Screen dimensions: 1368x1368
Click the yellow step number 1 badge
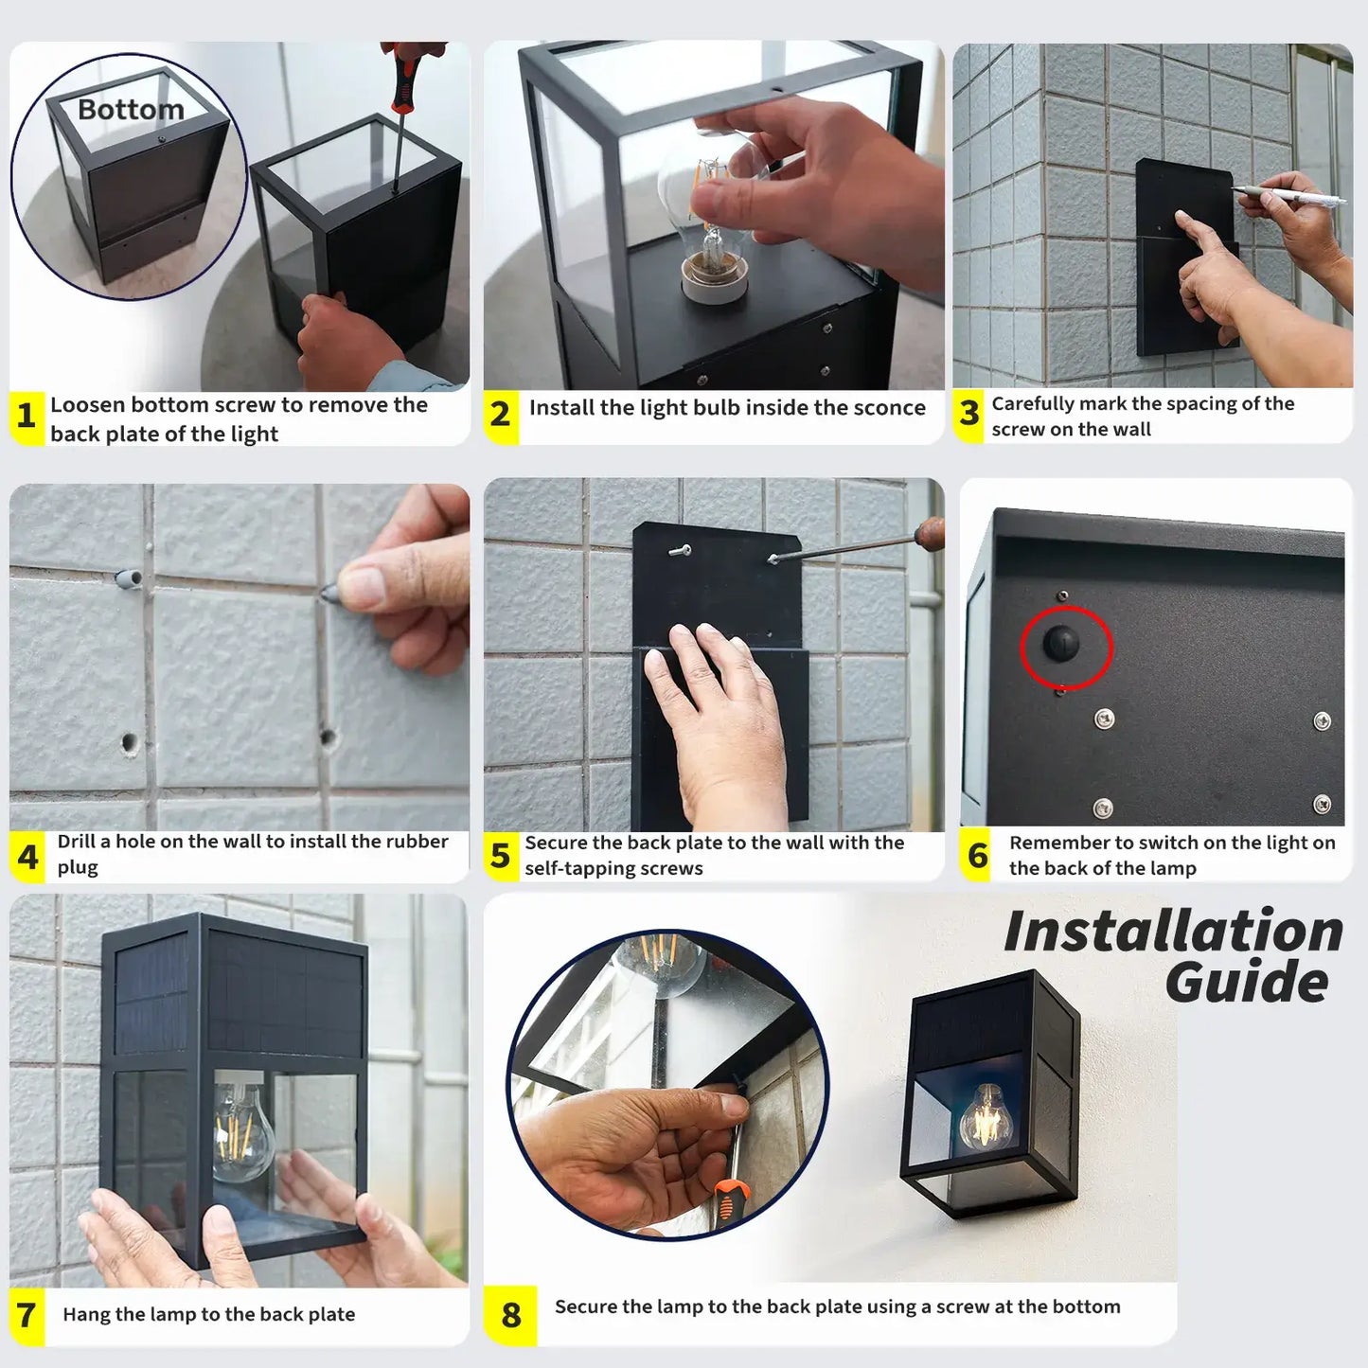point(26,416)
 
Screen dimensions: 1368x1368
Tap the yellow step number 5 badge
point(500,856)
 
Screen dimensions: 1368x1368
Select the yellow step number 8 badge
point(510,1315)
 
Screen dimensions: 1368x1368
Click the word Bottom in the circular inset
point(131,110)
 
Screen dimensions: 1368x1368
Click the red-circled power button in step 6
point(1061,644)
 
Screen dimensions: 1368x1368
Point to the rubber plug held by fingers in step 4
point(332,593)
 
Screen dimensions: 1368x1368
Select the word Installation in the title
point(1173,932)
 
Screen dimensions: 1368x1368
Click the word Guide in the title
point(1247,982)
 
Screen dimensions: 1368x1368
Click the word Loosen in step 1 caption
point(87,405)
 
